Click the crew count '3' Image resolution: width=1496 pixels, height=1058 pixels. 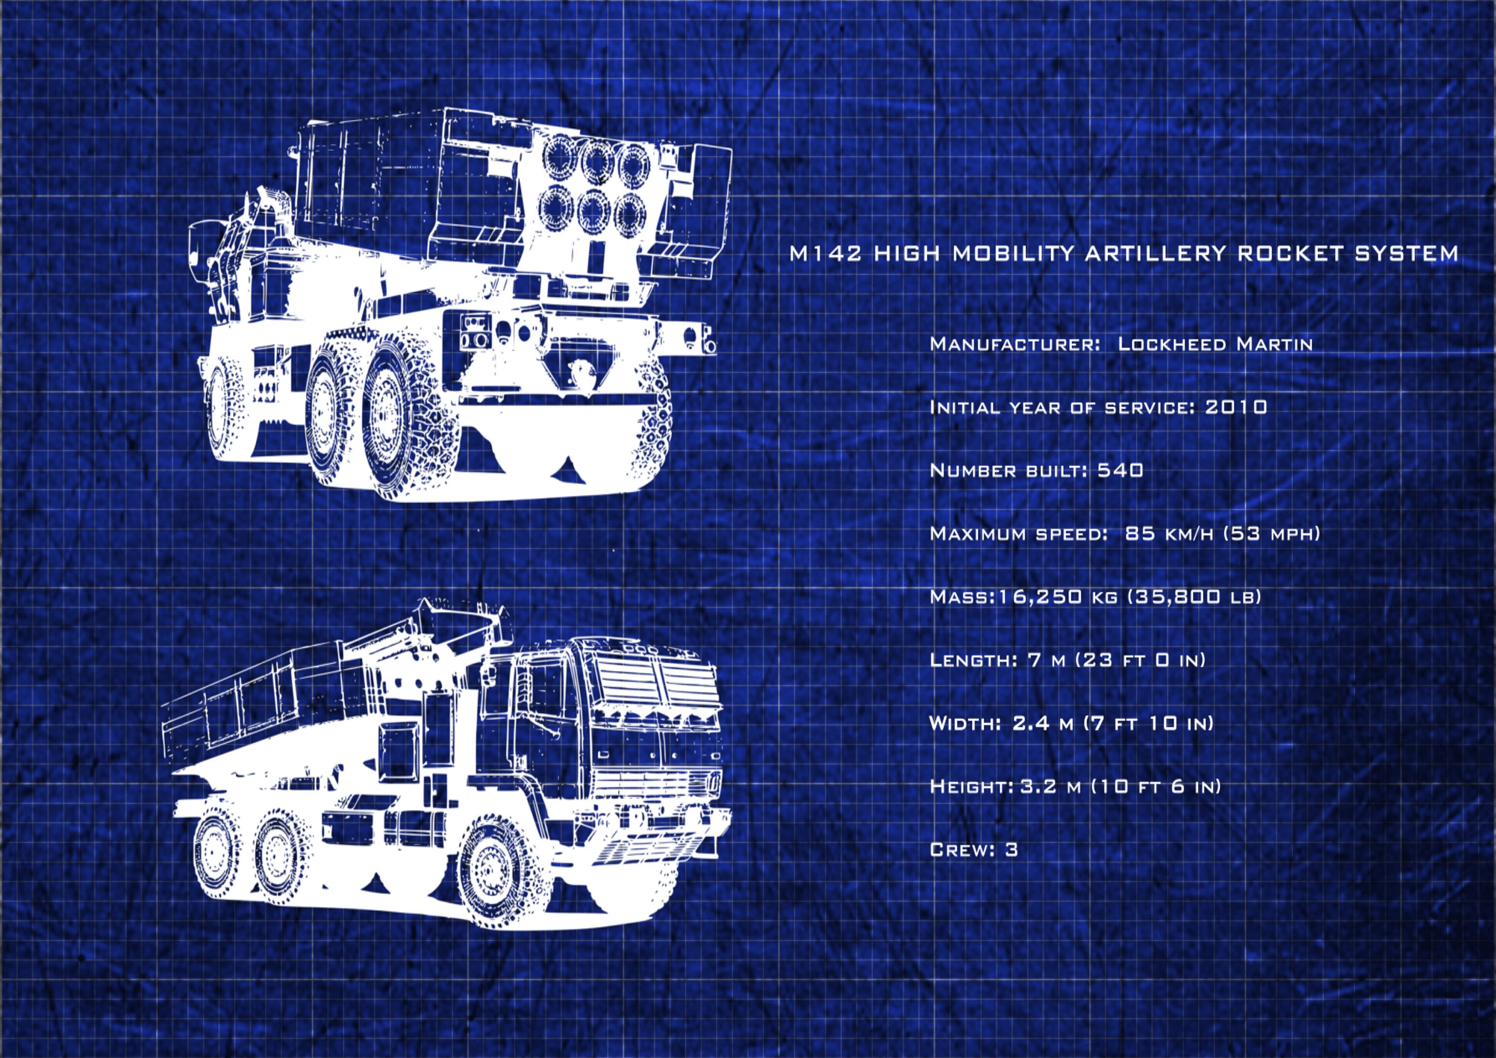tap(1011, 849)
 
